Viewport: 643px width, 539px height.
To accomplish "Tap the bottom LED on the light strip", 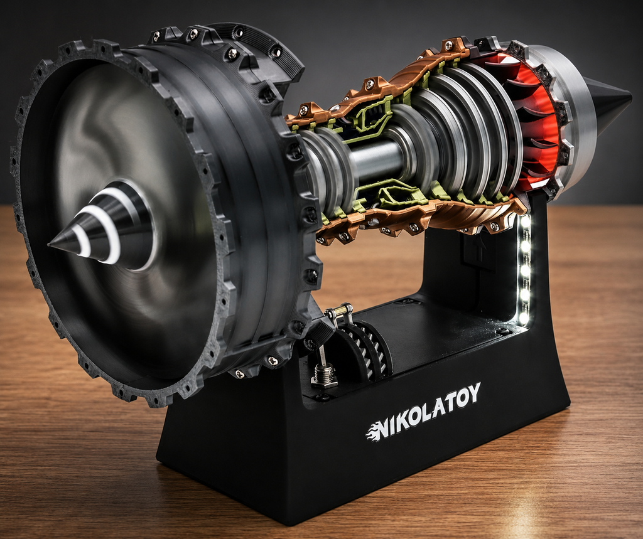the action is click(x=523, y=318).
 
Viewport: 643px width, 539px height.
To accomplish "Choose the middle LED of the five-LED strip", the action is click(x=525, y=270).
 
